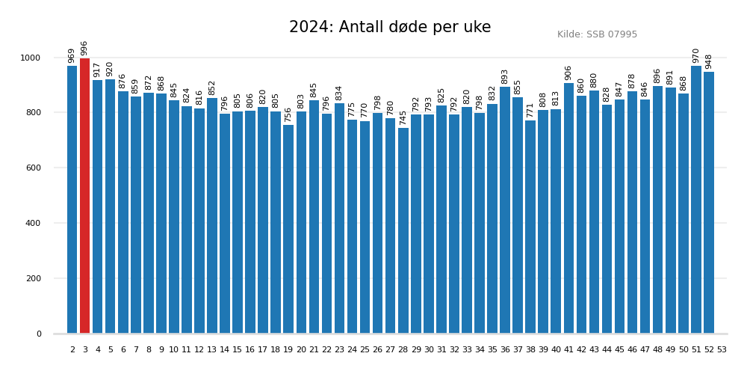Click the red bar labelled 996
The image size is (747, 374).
point(84,196)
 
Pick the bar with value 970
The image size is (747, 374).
point(696,200)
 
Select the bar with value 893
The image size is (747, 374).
point(505,210)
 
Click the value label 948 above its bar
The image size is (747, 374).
point(709,61)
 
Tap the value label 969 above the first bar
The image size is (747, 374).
point(72,55)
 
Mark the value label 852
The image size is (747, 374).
point(212,88)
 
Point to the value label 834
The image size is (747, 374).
point(339,93)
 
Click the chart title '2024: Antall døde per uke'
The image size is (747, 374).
point(390,28)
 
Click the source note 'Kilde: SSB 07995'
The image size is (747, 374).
point(597,34)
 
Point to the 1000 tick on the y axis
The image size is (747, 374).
point(31,58)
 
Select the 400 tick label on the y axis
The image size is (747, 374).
point(33,224)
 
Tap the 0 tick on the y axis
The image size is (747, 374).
point(39,334)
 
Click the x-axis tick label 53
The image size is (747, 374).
point(722,350)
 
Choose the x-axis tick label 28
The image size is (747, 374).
point(403,350)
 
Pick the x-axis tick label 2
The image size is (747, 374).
point(72,350)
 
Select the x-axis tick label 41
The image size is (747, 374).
point(568,350)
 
